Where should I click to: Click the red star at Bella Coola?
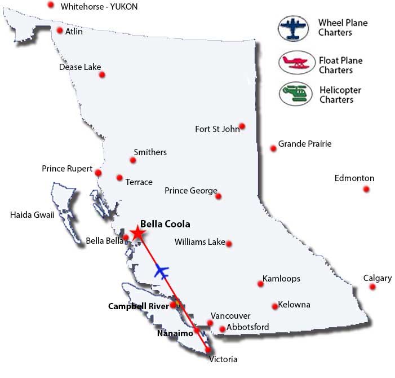coord(136,233)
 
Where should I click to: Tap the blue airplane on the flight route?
coord(162,271)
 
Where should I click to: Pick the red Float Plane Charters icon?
coord(295,62)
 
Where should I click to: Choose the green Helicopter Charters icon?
coord(295,93)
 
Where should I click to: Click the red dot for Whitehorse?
coord(51,5)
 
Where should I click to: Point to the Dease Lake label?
coord(80,67)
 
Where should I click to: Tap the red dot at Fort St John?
coord(242,126)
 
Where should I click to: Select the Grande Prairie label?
coord(304,144)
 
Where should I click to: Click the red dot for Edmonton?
coord(366,190)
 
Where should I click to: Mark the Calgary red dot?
coord(372,287)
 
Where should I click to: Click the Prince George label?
coord(191,191)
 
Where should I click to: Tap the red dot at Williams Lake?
coord(229,244)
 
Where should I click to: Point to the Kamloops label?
coord(281,279)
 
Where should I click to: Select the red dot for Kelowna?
coord(275,306)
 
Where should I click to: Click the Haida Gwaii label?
coord(32,214)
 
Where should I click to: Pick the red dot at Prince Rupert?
coord(98,173)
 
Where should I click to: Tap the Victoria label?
coord(223,359)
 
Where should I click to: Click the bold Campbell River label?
coord(138,306)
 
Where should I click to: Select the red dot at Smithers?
coord(133,161)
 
